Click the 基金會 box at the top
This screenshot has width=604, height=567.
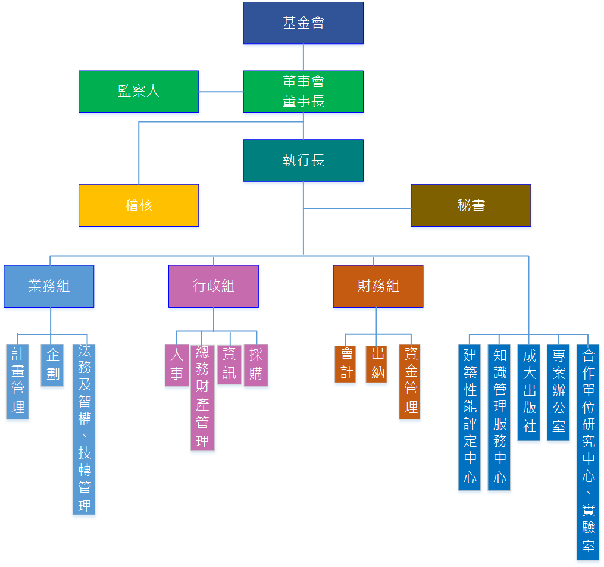tap(303, 23)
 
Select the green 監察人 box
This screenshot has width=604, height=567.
tap(139, 92)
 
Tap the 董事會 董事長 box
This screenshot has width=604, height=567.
tap(303, 92)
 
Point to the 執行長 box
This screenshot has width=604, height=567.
tap(303, 161)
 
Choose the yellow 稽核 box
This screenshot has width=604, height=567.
tap(139, 205)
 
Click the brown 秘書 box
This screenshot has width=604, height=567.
tap(471, 205)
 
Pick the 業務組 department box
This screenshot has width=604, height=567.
tap(49, 286)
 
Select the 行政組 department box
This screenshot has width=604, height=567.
tap(214, 286)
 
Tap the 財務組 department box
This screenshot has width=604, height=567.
tap(378, 286)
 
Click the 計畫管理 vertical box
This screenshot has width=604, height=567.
tap(18, 381)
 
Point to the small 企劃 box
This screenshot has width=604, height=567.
tap(52, 365)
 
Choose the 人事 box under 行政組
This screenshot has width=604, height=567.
tap(177, 365)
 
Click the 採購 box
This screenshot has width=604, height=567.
tap(256, 365)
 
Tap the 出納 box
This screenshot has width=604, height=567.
tap(377, 364)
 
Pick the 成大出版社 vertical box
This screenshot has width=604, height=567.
tap(529, 392)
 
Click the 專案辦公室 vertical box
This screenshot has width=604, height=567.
tap(558, 392)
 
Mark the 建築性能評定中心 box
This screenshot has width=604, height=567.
tap(470, 416)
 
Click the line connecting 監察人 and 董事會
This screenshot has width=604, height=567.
tap(221, 92)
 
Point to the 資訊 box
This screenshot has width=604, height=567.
tap(229, 364)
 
